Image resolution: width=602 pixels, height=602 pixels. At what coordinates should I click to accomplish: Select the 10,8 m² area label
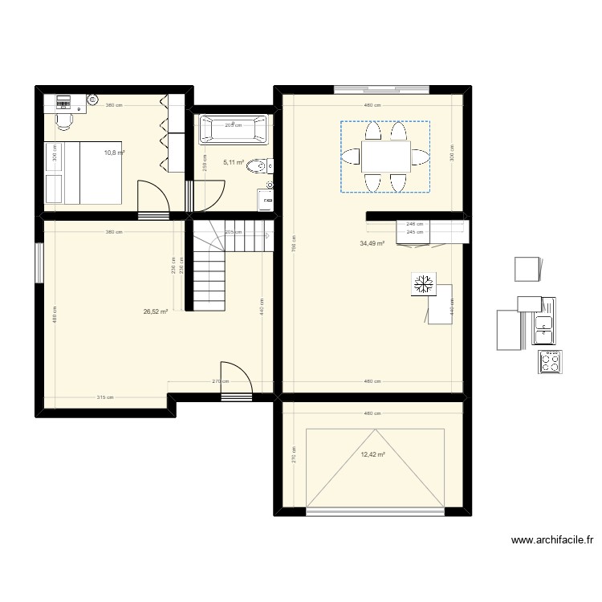pyautogui.click(x=113, y=152)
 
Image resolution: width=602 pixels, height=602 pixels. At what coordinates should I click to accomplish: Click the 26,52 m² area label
pyautogui.click(x=155, y=311)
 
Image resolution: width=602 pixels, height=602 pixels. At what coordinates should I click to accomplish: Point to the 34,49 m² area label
pyautogui.click(x=372, y=244)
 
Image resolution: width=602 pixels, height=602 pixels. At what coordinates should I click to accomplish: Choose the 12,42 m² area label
pyautogui.click(x=372, y=455)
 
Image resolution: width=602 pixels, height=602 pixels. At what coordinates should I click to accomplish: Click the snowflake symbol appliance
pyautogui.click(x=423, y=284)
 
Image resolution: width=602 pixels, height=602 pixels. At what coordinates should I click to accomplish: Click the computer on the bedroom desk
pyautogui.click(x=63, y=101)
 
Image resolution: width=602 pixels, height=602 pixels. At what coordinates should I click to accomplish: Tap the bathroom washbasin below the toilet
pyautogui.click(x=268, y=197)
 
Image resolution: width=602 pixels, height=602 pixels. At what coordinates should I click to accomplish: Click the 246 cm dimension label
pyautogui.click(x=415, y=224)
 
